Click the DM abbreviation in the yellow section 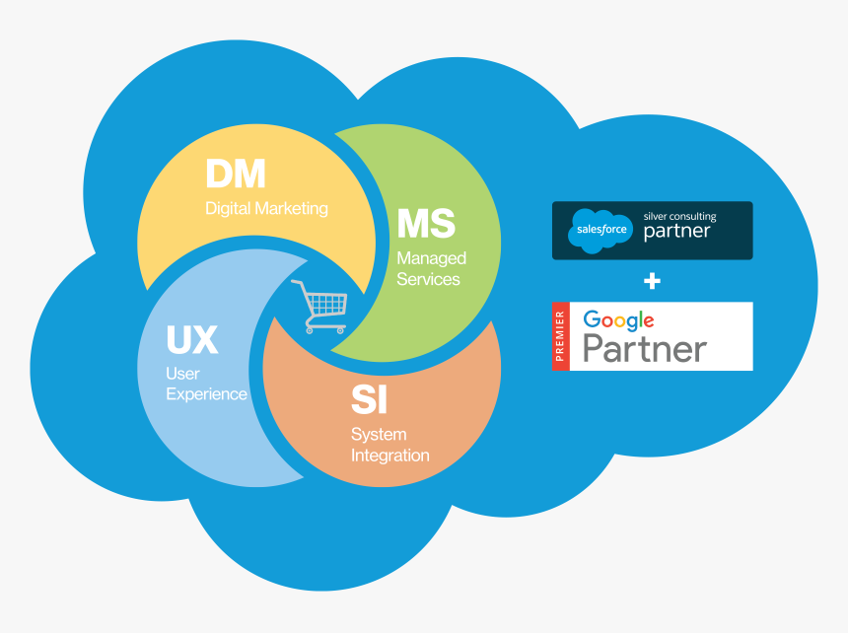[x=236, y=175]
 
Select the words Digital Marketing [x=266, y=209]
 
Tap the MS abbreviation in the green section [x=426, y=224]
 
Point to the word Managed [x=431, y=258]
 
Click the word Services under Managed [x=428, y=280]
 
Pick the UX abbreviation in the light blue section [x=191, y=340]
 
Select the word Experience [x=206, y=394]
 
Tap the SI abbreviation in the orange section [x=369, y=400]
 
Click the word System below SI [x=379, y=435]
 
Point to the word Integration [x=389, y=456]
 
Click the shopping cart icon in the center [x=319, y=305]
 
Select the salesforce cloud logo [x=600, y=232]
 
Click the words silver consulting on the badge [x=679, y=216]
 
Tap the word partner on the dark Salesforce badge [x=676, y=234]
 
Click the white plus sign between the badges [x=652, y=281]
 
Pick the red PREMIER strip [x=560, y=336]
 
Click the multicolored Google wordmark [x=618, y=320]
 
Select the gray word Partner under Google [x=644, y=349]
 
